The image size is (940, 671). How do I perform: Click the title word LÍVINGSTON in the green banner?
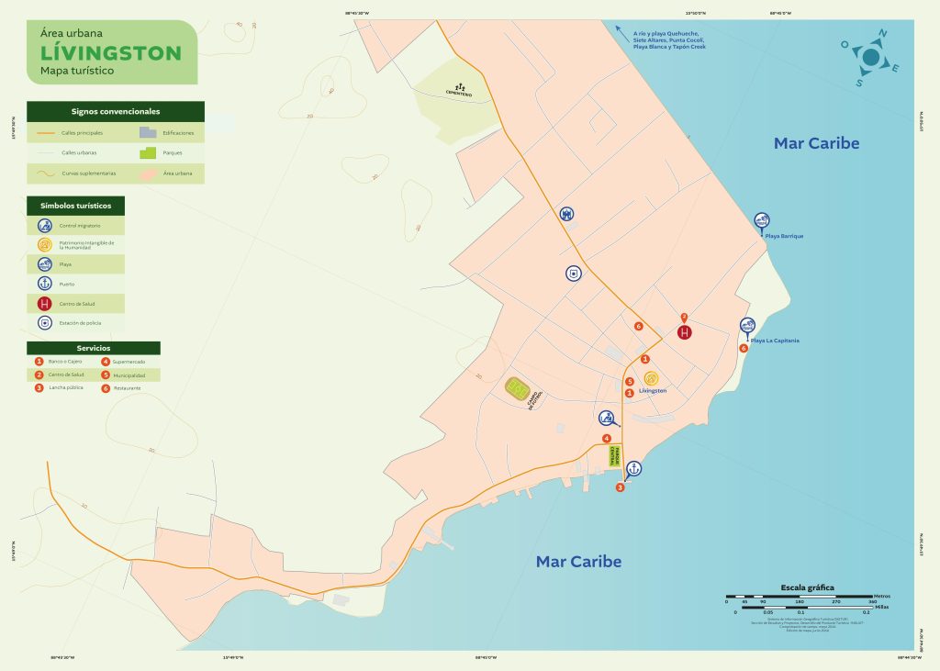[x=111, y=52]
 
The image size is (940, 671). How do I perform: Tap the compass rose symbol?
[x=870, y=58]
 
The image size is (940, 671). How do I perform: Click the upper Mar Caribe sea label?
[x=816, y=143]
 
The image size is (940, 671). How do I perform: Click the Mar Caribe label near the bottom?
[x=578, y=561]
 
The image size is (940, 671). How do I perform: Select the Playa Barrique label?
[x=784, y=236]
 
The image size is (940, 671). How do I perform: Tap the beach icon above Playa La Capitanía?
[x=748, y=326]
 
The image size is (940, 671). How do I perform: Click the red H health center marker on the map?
[x=685, y=332]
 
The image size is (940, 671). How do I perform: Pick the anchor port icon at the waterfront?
[x=632, y=468]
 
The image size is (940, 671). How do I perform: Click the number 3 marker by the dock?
[x=620, y=487]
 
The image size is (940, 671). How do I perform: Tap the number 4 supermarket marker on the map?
[x=606, y=438]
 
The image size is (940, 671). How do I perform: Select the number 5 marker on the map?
[x=629, y=382]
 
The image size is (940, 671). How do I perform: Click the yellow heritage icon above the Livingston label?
[x=651, y=377]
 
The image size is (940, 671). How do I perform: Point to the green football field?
[x=519, y=388]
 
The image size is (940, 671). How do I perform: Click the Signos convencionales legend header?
[x=116, y=111]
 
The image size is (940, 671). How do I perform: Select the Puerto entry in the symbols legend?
[x=65, y=284]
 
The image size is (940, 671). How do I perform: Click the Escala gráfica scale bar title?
[x=807, y=587]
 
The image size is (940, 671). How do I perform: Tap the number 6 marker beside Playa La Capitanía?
[x=744, y=348]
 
